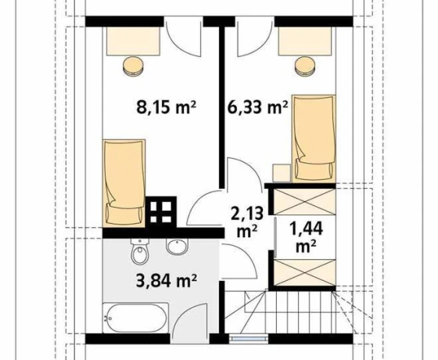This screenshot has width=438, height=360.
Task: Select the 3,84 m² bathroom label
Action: [x=167, y=280]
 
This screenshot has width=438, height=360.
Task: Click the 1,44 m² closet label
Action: [x=307, y=237]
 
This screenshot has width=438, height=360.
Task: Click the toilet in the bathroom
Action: [x=140, y=251]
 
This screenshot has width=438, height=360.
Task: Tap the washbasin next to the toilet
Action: [x=177, y=247]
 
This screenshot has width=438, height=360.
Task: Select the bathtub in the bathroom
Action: [x=135, y=318]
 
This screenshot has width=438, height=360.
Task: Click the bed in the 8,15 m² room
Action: [x=124, y=183]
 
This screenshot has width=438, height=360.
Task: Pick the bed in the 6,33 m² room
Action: [x=314, y=139]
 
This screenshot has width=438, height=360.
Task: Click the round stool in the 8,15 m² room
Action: [x=133, y=66]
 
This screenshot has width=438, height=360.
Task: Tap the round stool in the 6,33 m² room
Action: [x=306, y=66]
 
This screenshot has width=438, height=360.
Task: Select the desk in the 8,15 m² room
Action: [x=133, y=41]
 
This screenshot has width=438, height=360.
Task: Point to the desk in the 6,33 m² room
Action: [x=305, y=41]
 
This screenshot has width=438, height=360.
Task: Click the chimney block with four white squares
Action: [x=161, y=212]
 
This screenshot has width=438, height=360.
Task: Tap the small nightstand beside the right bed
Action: [x=282, y=173]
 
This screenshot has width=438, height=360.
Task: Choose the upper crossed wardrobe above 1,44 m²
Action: [x=304, y=202]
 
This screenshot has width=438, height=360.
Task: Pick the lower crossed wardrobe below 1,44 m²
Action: [x=304, y=272]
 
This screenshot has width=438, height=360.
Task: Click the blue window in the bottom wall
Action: [x=250, y=338]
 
